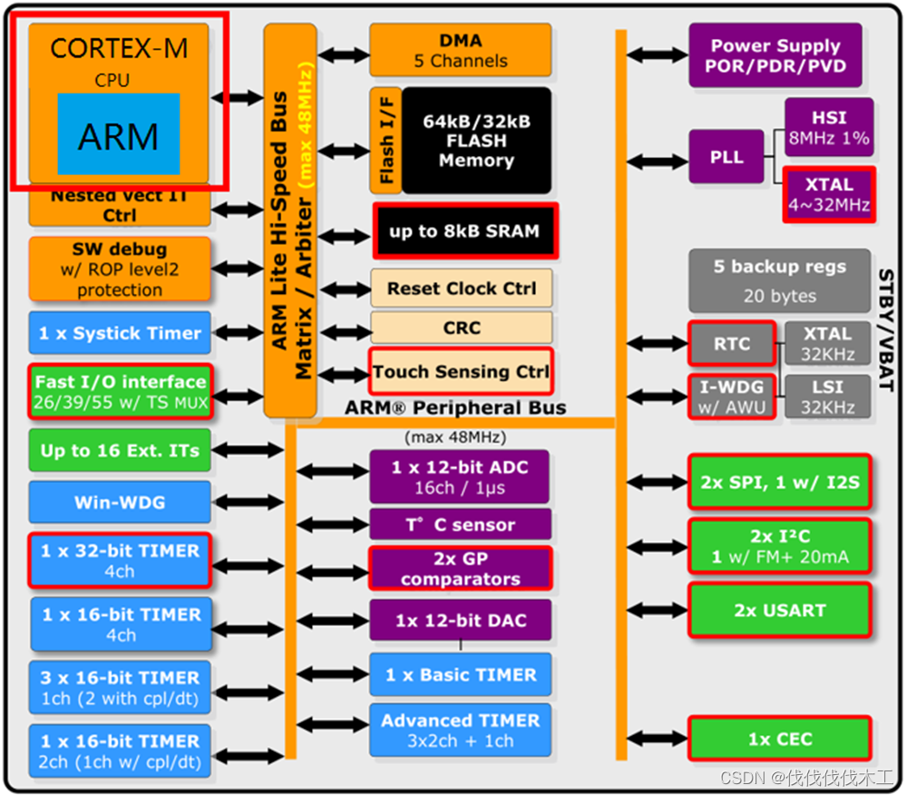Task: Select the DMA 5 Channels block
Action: tap(460, 51)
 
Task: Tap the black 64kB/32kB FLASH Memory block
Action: tap(476, 141)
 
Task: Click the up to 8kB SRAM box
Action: tap(464, 231)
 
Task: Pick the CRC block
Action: tap(461, 328)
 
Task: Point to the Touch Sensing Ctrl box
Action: tap(461, 371)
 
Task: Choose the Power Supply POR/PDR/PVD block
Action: tap(775, 55)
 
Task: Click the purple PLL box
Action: tap(727, 157)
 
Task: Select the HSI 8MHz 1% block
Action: tap(828, 128)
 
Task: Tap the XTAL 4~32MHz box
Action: tap(828, 193)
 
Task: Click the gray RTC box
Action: tap(731, 344)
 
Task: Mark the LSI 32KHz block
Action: tap(827, 397)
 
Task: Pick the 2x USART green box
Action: tap(779, 611)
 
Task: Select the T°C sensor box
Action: tap(460, 525)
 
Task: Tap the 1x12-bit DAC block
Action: tap(460, 622)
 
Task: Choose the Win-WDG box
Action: tap(120, 502)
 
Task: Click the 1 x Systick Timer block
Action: tap(120, 333)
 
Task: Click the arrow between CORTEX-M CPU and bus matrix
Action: tap(237, 97)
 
